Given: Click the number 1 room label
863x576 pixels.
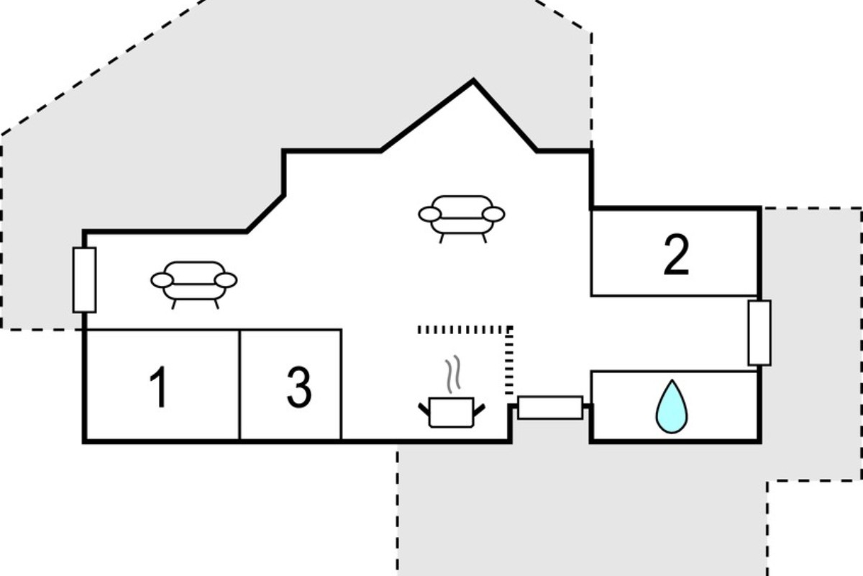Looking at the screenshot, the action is tap(159, 387).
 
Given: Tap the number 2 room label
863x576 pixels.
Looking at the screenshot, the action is tap(676, 255).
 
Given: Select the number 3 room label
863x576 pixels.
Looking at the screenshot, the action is tap(299, 387).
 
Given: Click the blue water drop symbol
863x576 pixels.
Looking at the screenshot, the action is tap(672, 407).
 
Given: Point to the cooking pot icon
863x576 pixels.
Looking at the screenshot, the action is tap(451, 413).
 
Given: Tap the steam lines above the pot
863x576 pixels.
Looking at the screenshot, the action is tap(453, 374).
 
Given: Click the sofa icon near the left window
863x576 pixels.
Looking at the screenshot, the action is tap(193, 284).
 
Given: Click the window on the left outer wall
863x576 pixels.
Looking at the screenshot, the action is tap(84, 280).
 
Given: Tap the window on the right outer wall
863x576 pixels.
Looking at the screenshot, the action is tap(759, 333).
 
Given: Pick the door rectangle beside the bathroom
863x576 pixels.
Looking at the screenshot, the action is tap(550, 408).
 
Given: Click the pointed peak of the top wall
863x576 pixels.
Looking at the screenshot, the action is tap(473, 80).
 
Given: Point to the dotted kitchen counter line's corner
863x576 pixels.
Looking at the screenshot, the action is tap(509, 330).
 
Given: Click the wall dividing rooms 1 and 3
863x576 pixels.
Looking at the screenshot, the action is tap(239, 384).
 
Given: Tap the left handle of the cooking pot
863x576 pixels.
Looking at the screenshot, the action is tap(424, 410).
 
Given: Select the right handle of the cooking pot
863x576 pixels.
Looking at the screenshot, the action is tap(479, 410).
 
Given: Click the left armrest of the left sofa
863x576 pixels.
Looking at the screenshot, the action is tap(162, 281).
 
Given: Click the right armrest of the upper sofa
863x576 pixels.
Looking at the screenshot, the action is tap(493, 215).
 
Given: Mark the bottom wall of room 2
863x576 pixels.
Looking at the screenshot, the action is tap(675, 295).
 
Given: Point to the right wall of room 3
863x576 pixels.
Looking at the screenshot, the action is tap(341, 384).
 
